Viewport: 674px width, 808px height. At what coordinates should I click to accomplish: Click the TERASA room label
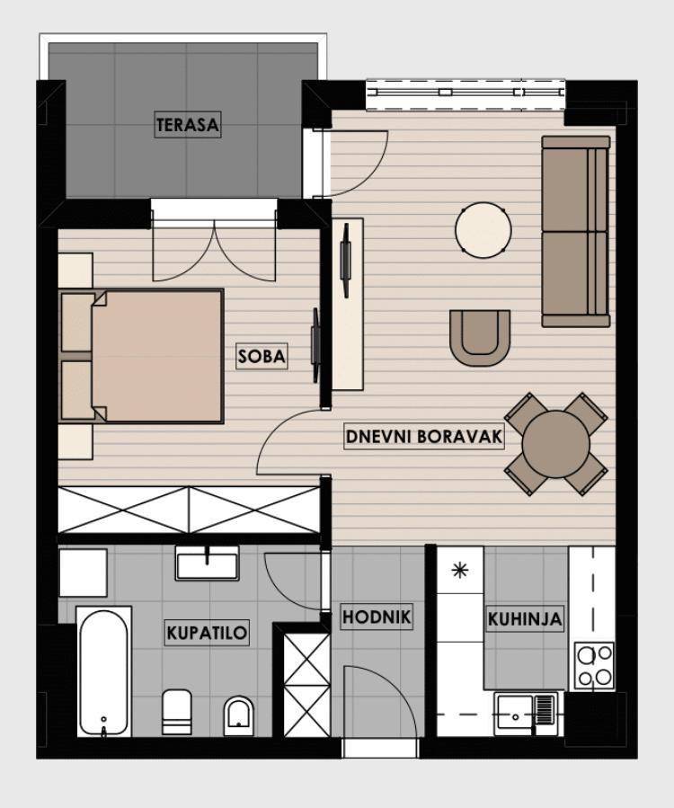(188, 124)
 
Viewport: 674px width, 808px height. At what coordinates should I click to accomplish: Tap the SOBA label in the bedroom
(262, 356)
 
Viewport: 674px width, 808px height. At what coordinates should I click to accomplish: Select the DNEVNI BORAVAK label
(423, 437)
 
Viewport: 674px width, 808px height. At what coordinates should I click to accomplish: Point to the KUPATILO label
(207, 632)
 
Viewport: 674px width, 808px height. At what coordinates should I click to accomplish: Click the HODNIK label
(377, 617)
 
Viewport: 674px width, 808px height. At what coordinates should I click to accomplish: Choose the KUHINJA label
(525, 618)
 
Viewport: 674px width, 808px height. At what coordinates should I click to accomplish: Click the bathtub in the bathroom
(103, 672)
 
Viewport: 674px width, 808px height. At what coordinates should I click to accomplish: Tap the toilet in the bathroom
(177, 712)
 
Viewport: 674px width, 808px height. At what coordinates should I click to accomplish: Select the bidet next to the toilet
(238, 716)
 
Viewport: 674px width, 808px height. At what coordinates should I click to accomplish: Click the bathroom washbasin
(208, 563)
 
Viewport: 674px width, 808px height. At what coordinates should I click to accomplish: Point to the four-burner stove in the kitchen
(594, 666)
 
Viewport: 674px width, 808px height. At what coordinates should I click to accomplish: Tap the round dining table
(556, 444)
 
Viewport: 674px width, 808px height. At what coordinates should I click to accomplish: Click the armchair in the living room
(480, 338)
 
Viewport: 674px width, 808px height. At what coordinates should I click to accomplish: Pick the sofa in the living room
(575, 231)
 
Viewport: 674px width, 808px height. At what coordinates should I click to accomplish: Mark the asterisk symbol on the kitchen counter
(459, 571)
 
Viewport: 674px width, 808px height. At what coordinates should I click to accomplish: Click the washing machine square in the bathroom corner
(83, 572)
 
